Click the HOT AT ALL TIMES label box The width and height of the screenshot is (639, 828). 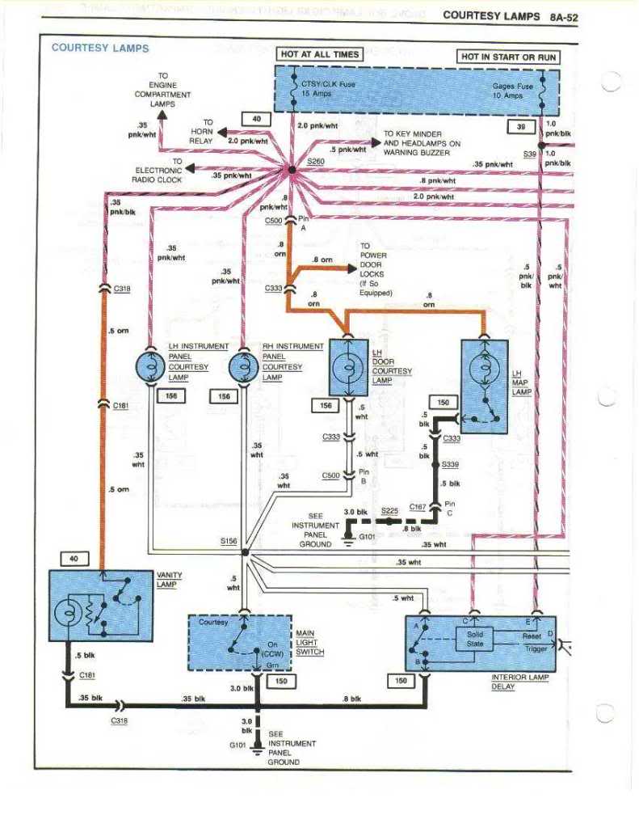point(320,54)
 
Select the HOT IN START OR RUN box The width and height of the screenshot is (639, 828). point(508,57)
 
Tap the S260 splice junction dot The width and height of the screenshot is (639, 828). point(292,170)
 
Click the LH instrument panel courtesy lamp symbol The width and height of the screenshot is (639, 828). point(150,366)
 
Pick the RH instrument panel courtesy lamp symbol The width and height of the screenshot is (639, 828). point(243,366)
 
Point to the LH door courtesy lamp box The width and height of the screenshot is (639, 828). point(349,366)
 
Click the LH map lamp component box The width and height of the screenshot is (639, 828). point(484,386)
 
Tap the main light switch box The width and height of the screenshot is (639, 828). point(239,642)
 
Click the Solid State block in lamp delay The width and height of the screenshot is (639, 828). point(475,640)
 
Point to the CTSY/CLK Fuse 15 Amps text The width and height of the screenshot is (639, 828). point(327,89)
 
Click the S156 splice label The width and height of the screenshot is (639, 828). point(228,542)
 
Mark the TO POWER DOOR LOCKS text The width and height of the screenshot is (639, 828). point(376,269)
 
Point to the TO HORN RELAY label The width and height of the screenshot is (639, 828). point(201,131)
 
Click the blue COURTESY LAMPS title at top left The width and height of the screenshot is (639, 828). point(100,48)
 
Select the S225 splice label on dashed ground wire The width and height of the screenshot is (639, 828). point(389,511)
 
